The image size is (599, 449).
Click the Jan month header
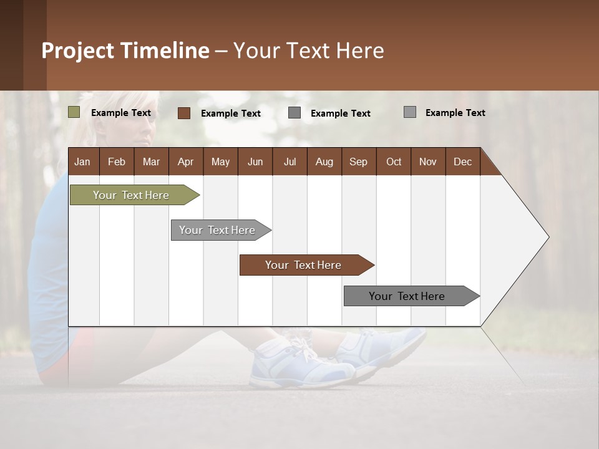click(x=82, y=162)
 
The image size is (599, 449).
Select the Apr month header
click(x=185, y=162)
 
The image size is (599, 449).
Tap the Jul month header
click(x=290, y=162)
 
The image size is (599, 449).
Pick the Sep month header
click(x=358, y=162)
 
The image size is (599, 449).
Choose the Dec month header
click(x=462, y=162)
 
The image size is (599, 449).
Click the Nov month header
click(x=427, y=162)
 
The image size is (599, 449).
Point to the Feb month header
click(x=117, y=162)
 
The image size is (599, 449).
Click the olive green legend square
click(x=74, y=112)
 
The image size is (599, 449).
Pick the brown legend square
click(x=183, y=113)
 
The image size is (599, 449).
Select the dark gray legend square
click(x=295, y=113)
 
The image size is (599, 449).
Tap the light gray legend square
click(x=409, y=112)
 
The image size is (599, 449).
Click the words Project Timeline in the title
click(x=125, y=51)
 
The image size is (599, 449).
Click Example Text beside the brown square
click(x=230, y=113)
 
